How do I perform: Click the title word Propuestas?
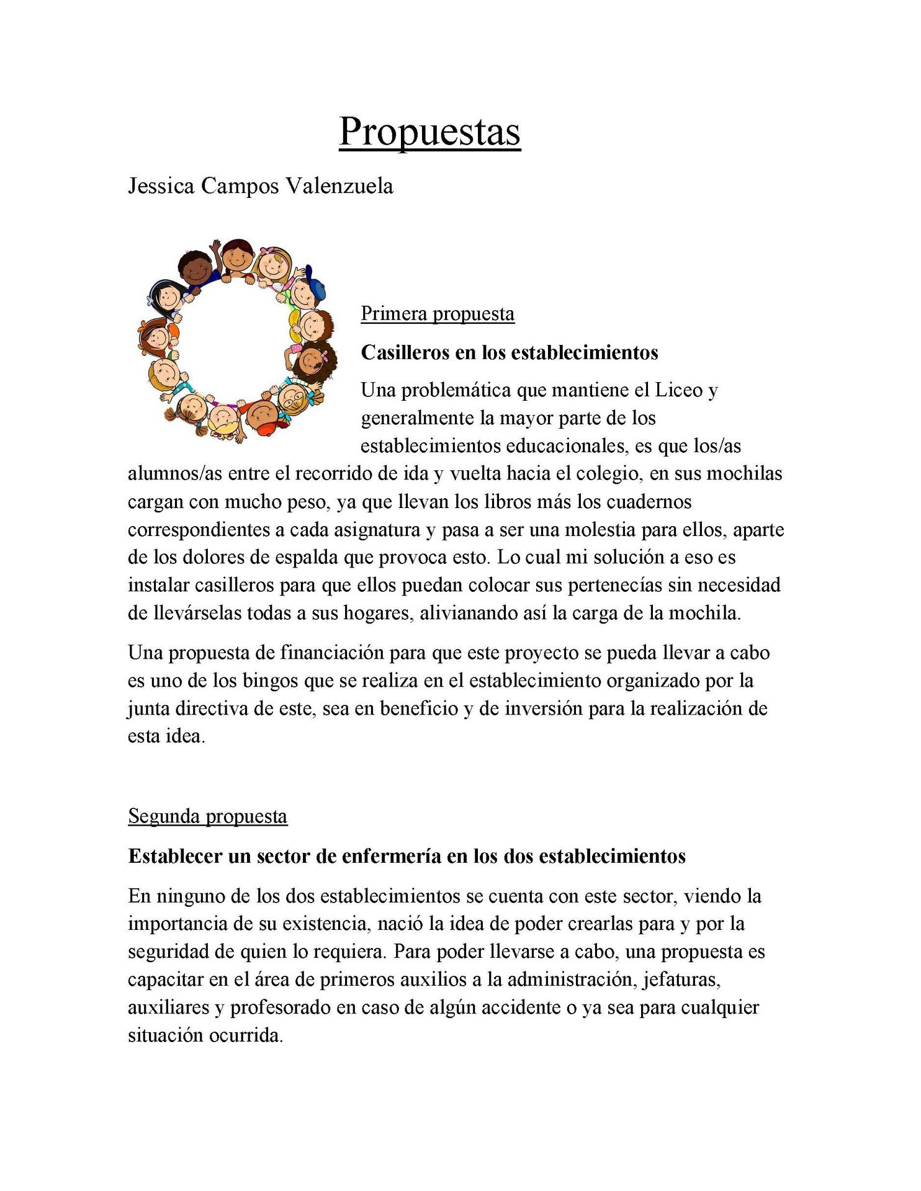click(429, 132)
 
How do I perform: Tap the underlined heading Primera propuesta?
click(438, 314)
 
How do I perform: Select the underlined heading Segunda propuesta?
click(207, 816)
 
